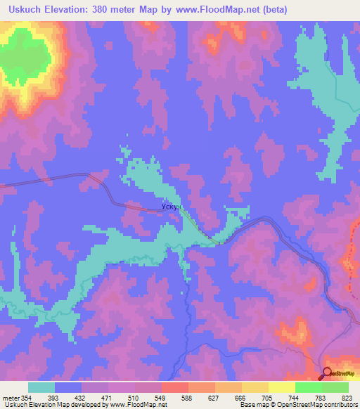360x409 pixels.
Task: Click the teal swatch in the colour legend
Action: click(x=41, y=387)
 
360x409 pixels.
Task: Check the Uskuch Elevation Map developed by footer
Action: click(x=84, y=405)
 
